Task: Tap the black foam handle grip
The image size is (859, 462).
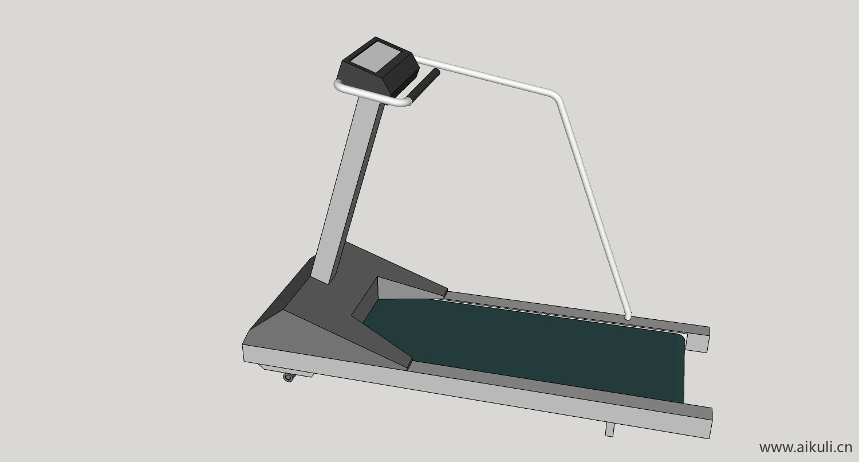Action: tap(424, 84)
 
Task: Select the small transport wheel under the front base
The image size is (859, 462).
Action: tap(289, 378)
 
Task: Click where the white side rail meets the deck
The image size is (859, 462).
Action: tap(628, 318)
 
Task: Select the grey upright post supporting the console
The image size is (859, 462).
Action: tap(347, 188)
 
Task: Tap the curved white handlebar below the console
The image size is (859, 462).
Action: tap(368, 96)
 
